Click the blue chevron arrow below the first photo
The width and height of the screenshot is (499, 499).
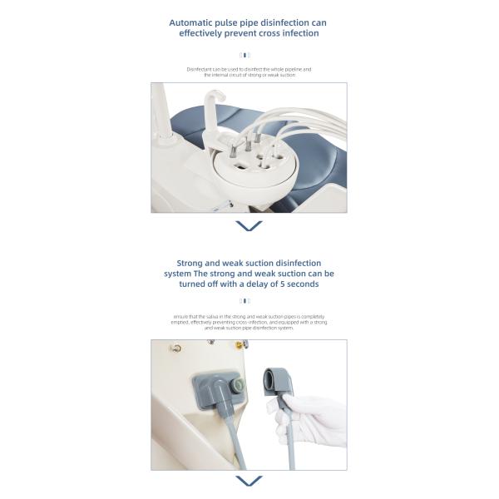[249, 225]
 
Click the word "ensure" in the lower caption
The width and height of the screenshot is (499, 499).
[180, 317]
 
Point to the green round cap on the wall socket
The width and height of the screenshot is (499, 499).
[238, 386]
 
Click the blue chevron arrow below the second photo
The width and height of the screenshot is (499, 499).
[249, 481]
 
